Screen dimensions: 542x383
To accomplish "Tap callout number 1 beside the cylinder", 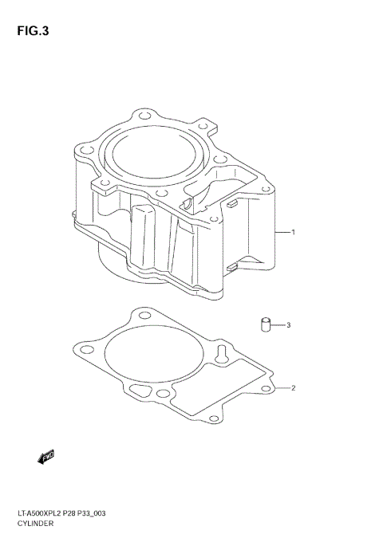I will point(294,233).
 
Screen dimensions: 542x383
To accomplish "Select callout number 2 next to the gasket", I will point(294,388).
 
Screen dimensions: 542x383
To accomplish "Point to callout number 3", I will point(289,325).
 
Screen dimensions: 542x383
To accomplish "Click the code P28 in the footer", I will point(73,515).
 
